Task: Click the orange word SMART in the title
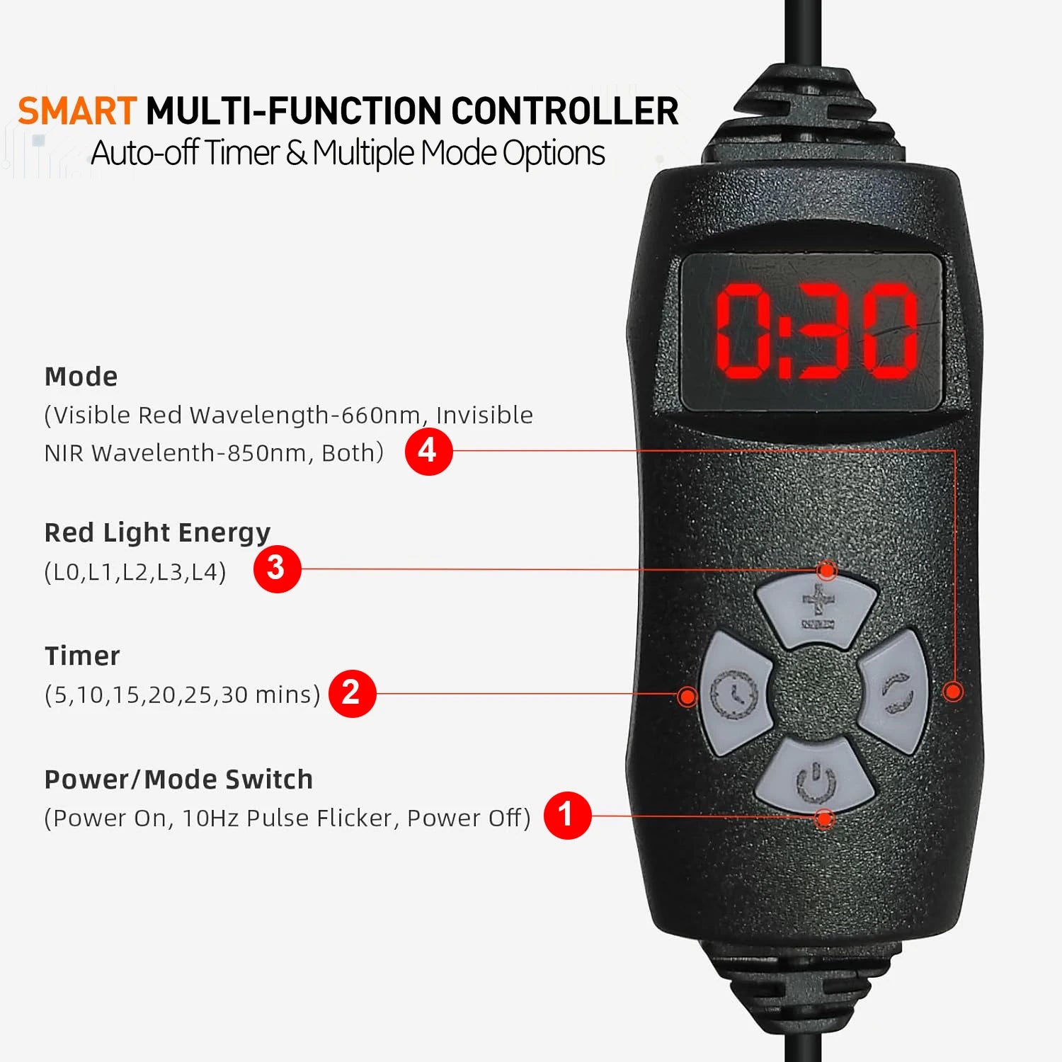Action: [77, 111]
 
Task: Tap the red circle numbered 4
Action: [428, 451]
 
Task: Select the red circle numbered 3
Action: [277, 569]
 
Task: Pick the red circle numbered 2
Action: [352, 693]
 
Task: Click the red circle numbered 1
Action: [567, 815]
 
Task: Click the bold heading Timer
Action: [82, 656]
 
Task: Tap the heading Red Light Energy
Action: [157, 533]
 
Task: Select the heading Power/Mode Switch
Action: [178, 780]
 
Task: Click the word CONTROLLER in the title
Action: [564, 111]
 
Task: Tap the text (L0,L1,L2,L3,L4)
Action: [135, 572]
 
